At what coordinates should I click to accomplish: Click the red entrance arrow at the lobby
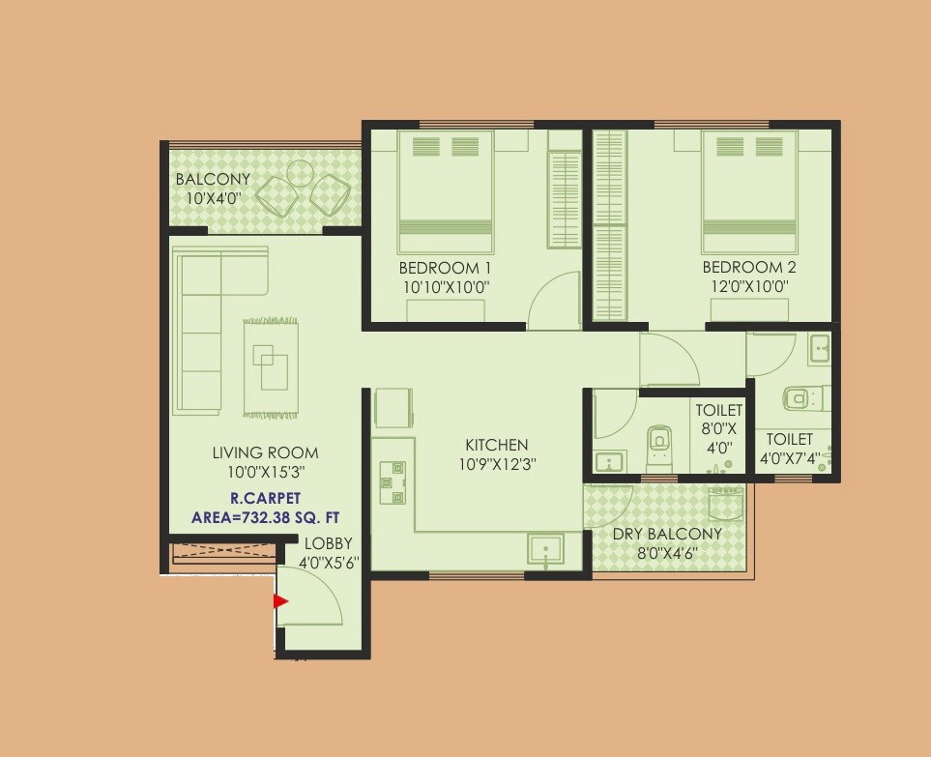281,601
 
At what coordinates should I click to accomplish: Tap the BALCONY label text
213,180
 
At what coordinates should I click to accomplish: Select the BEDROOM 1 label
446,268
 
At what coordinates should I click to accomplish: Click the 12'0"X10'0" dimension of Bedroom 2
749,286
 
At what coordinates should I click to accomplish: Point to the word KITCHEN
497,445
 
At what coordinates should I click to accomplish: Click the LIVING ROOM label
265,452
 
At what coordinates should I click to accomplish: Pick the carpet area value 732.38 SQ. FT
266,517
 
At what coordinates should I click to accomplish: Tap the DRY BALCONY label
667,535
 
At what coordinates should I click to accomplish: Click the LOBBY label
329,543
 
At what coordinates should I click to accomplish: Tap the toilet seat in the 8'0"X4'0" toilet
658,440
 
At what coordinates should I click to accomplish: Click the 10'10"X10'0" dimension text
446,286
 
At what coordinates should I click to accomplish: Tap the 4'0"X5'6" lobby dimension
329,562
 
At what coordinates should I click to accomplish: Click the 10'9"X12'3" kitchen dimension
497,463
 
